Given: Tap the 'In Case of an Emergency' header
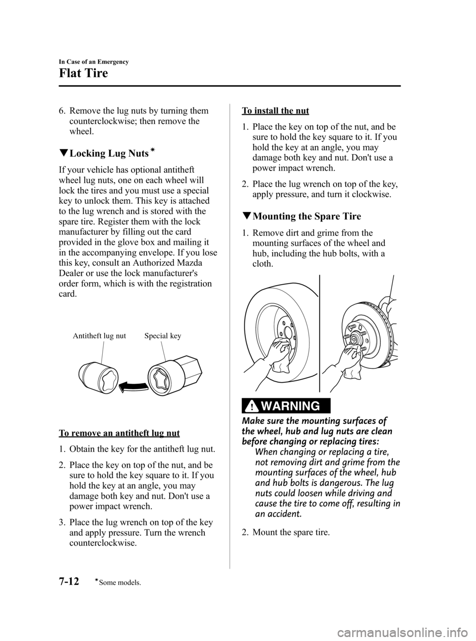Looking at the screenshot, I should [x=94, y=61].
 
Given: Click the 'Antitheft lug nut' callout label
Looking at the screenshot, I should [x=99, y=336].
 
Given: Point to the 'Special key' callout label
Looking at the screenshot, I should [x=163, y=336].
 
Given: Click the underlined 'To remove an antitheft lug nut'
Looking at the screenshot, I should [x=119, y=433].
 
